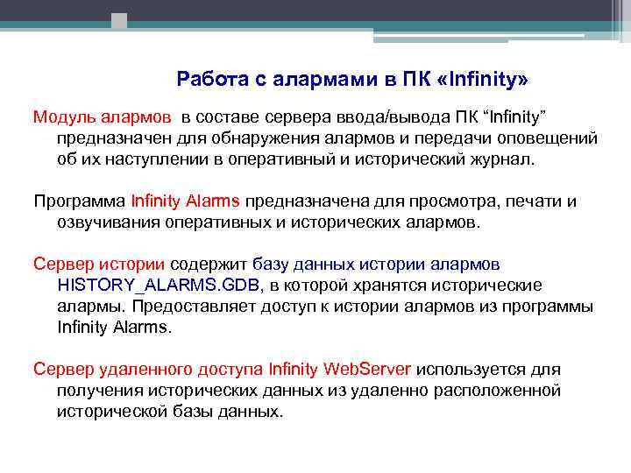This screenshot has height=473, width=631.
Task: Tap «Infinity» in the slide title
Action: [x=485, y=80]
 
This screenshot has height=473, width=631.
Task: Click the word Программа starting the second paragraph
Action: [x=79, y=201]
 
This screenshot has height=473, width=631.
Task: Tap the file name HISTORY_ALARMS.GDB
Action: [x=159, y=285]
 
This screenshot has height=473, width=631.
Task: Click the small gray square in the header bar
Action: [x=119, y=19]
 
